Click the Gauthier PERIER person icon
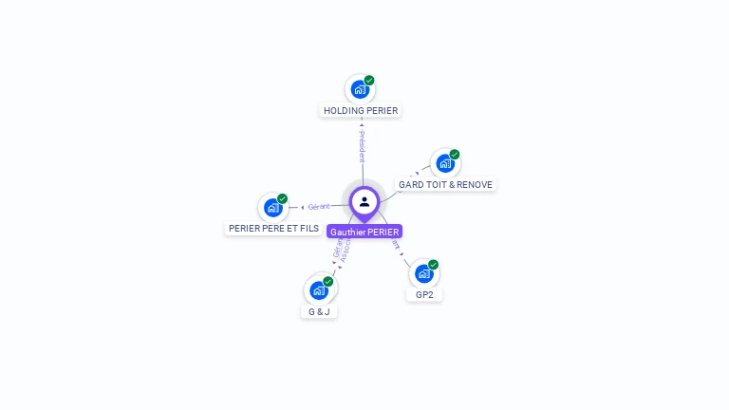click(x=364, y=201)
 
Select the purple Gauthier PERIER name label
click(x=364, y=232)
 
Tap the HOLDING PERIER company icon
click(x=359, y=89)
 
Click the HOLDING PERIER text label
click(x=361, y=111)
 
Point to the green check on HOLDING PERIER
click(x=369, y=81)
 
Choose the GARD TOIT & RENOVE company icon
click(x=444, y=163)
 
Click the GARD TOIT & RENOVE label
click(x=445, y=184)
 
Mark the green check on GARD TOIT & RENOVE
click(x=455, y=155)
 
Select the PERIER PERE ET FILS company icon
click(x=272, y=207)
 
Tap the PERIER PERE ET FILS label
click(x=273, y=229)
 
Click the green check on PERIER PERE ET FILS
click(x=282, y=199)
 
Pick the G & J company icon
click(x=318, y=289)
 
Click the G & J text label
click(x=319, y=311)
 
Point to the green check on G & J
click(x=328, y=282)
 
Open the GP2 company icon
click(x=423, y=273)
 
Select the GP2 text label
click(x=424, y=295)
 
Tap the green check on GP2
click(x=434, y=265)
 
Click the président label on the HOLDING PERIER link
click(x=362, y=147)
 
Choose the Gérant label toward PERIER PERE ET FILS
click(x=319, y=206)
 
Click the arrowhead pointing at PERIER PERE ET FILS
click(x=302, y=207)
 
